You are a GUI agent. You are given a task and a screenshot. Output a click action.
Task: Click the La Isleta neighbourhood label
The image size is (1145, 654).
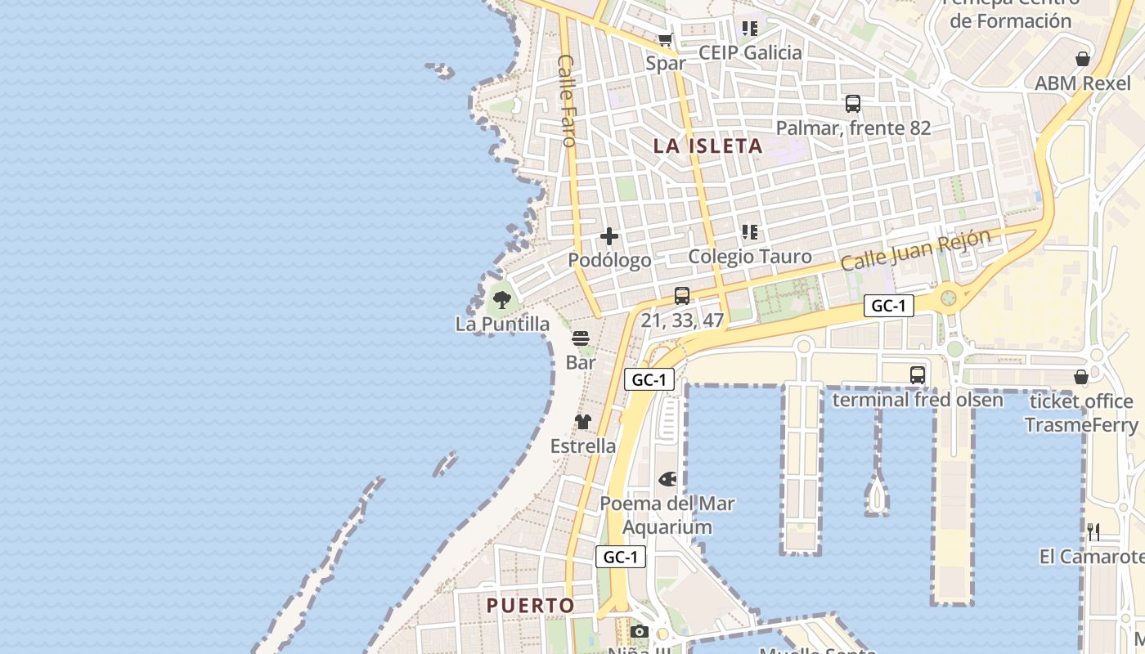point(707,146)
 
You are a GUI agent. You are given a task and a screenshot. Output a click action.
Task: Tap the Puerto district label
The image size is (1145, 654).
point(531,606)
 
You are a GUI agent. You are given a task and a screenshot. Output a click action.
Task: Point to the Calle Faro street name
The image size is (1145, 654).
point(566,101)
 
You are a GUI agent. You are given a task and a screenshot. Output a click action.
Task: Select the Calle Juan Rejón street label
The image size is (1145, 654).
point(915,249)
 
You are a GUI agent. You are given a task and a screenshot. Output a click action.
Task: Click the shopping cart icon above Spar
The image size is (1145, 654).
point(666,39)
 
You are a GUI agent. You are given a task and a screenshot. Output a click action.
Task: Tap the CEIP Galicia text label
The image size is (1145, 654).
point(750,52)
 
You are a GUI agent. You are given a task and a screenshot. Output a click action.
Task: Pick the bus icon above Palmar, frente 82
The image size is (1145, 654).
point(853,104)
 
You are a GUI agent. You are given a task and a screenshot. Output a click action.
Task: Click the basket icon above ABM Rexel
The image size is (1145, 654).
point(1083,59)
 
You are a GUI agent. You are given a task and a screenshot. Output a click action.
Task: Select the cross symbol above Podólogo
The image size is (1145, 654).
point(609,236)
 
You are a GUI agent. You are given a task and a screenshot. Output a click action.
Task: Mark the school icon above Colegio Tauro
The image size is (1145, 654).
point(750,232)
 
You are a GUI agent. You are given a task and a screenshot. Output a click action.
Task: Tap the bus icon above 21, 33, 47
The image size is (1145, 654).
point(682,296)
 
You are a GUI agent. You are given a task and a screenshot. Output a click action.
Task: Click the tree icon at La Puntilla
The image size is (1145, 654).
point(502,300)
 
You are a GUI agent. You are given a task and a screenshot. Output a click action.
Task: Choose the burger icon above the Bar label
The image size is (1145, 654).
point(581,338)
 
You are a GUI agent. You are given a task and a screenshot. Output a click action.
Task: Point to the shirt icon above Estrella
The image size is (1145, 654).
point(582,422)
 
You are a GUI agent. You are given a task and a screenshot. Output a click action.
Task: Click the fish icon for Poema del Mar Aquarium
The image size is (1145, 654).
point(667,479)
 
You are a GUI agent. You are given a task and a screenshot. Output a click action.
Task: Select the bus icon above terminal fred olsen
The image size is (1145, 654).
point(918,375)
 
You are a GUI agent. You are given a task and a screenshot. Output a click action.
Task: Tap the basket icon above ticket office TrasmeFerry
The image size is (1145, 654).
point(1081,377)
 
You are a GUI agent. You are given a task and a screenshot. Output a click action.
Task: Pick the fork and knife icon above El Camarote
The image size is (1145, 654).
point(1093,532)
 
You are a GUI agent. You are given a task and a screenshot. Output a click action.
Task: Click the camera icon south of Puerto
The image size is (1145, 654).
point(640,632)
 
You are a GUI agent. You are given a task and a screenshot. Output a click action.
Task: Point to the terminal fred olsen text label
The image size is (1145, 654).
point(917,400)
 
